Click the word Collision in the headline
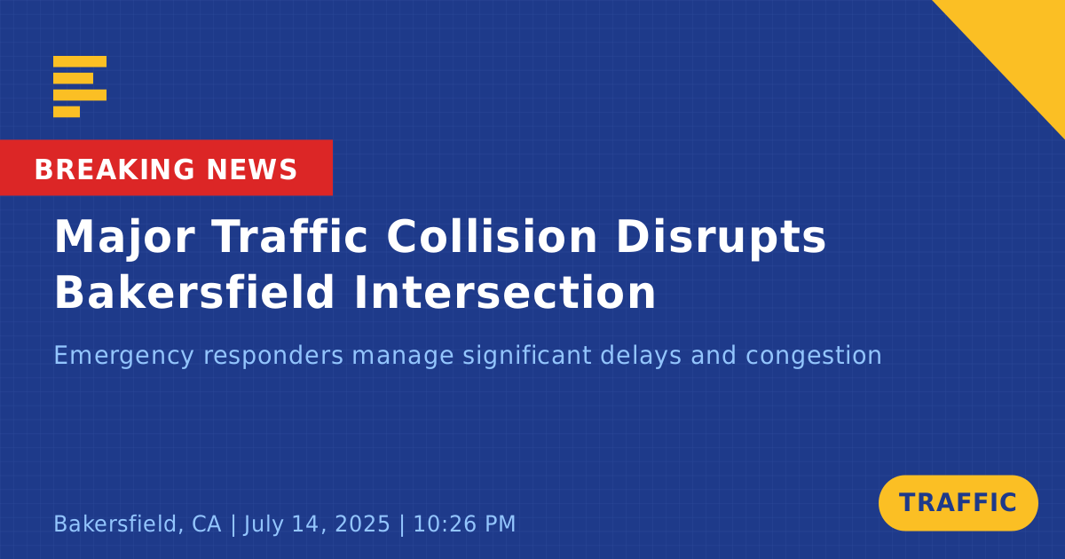(x=492, y=236)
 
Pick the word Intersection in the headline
(x=504, y=292)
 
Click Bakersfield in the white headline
(x=194, y=291)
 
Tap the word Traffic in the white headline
(x=290, y=236)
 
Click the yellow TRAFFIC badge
(x=958, y=503)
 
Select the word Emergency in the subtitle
(x=124, y=357)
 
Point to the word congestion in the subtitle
(x=814, y=357)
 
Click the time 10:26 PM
(x=464, y=524)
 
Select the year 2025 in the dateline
(x=362, y=524)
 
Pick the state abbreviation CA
(x=206, y=524)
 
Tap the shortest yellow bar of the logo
(x=67, y=112)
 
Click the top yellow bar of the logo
(x=80, y=61)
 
